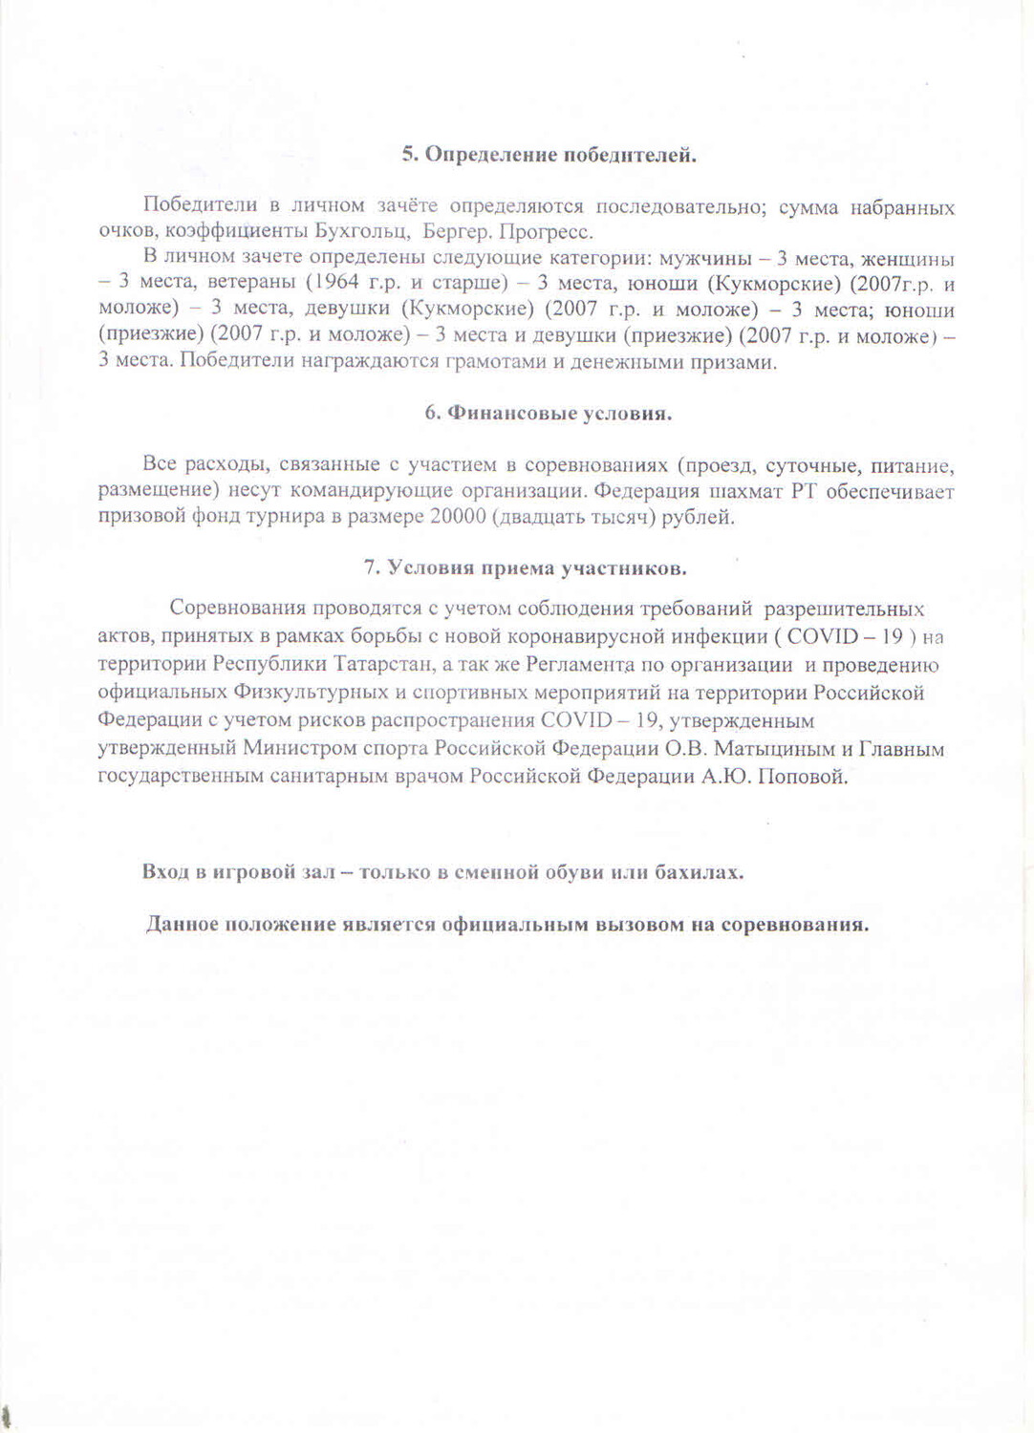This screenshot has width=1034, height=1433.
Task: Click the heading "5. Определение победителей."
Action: [x=549, y=156]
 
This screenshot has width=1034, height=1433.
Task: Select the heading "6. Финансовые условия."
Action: [x=549, y=414]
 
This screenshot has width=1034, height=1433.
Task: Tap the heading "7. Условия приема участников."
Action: [x=525, y=567]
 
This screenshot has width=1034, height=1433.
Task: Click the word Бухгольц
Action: [x=363, y=232]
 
